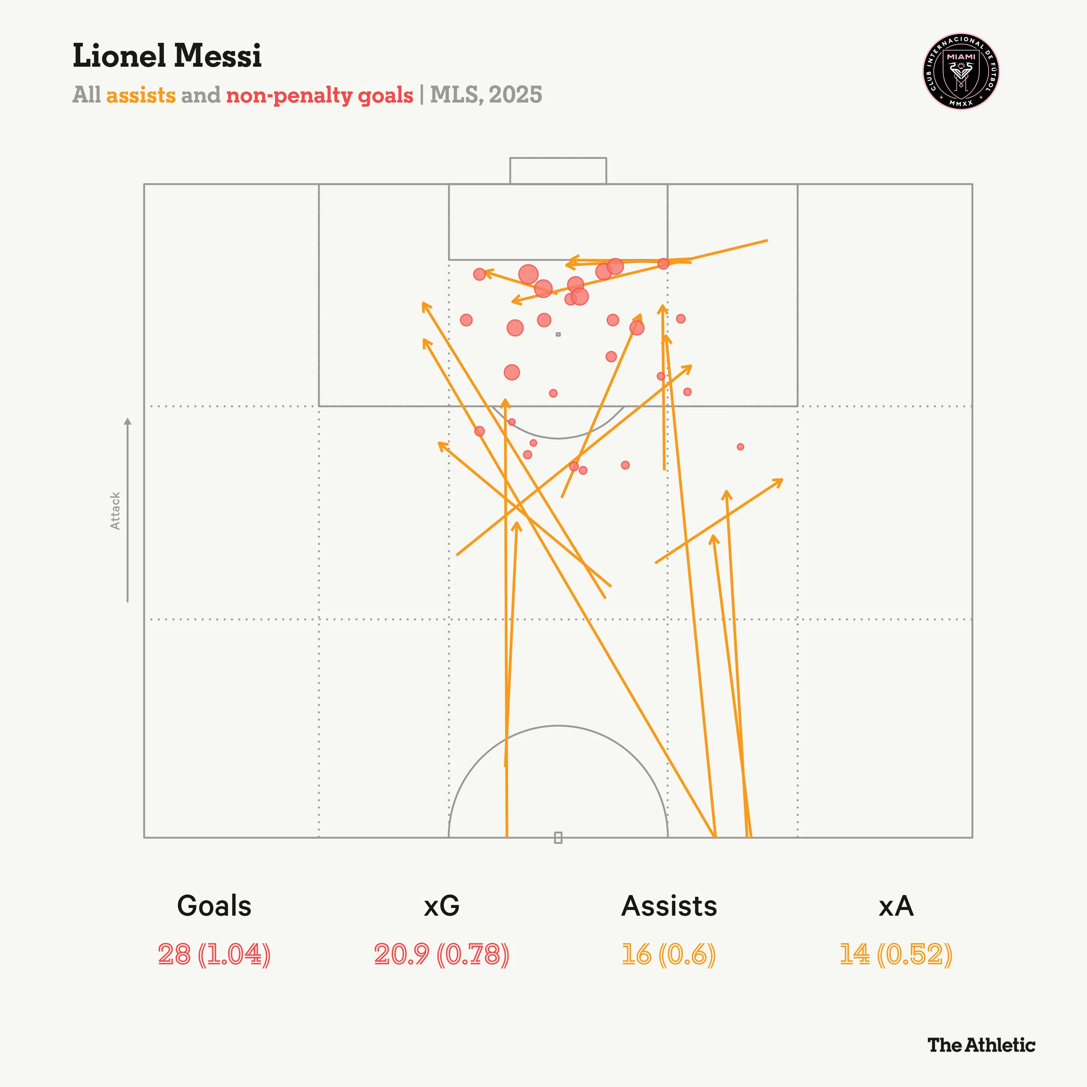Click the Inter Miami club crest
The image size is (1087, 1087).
pos(961,71)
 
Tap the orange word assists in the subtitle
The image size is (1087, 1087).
pos(141,95)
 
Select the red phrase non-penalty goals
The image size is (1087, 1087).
pos(320,95)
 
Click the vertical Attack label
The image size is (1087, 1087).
pos(115,510)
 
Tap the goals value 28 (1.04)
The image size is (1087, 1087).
pos(215,954)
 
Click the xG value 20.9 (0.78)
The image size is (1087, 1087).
pos(442,954)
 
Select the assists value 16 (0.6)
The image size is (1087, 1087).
pos(668,954)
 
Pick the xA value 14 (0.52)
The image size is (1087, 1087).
pos(896,954)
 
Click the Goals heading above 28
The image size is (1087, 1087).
pos(215,906)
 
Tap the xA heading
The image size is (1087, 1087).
pos(896,906)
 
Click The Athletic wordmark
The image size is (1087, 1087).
pos(981,1045)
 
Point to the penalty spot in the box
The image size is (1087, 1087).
pos(558,334)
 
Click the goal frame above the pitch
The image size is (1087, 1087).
pos(558,170)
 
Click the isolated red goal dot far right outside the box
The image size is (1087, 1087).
pos(740,447)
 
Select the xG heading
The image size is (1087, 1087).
pos(442,906)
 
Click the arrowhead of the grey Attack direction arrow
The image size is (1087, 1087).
pos(128,421)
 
